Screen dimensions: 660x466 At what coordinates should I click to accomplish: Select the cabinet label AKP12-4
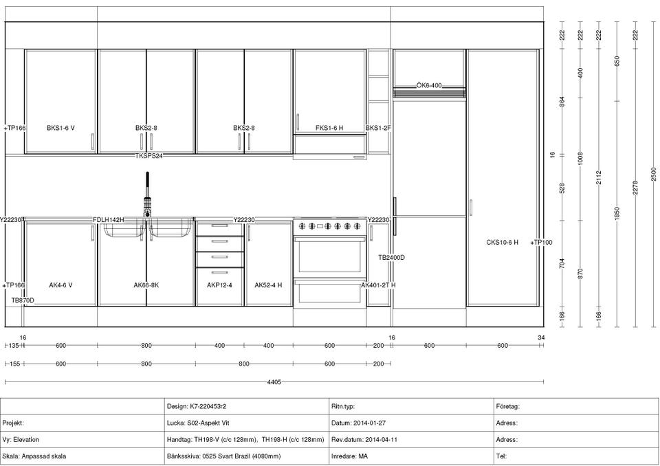pos(219,285)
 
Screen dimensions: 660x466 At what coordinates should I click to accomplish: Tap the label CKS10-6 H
pos(502,243)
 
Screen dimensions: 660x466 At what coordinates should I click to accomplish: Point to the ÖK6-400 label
pos(429,85)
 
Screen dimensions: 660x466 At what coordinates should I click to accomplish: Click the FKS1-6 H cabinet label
pos(329,128)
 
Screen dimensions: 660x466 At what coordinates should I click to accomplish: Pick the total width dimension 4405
pos(274,382)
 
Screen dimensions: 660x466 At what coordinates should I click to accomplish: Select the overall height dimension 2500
pos(654,175)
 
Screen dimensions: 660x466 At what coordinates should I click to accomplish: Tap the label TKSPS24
pos(148,156)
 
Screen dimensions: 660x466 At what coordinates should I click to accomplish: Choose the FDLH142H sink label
pos(109,220)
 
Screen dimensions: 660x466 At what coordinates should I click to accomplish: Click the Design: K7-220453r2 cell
pos(247,407)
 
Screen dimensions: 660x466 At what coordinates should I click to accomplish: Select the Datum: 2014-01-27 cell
pos(411,423)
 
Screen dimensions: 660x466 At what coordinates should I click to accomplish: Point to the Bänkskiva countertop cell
pos(247,456)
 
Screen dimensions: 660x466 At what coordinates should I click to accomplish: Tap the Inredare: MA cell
pos(411,456)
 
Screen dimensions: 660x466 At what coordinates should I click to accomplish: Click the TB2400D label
pos(391,258)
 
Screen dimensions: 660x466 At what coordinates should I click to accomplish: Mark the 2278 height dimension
pos(635,188)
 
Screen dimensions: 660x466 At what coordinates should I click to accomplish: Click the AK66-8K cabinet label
pos(146,285)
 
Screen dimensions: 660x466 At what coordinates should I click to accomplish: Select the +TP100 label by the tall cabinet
pos(541,243)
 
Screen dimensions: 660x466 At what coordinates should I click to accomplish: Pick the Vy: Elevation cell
pos(82,439)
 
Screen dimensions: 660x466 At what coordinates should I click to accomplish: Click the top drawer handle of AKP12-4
pos(220,225)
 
